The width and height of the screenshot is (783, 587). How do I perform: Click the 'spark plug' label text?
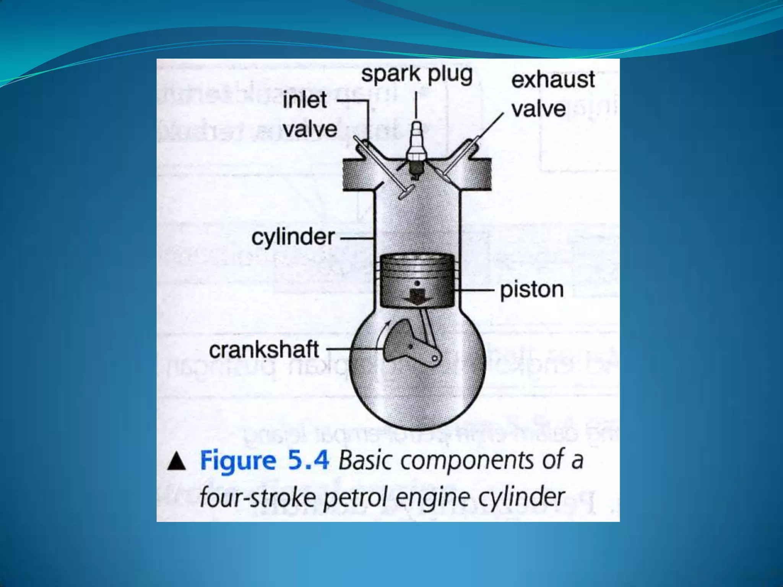417,75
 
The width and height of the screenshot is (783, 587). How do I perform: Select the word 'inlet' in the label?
305,100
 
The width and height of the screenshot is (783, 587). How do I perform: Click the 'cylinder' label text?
293,237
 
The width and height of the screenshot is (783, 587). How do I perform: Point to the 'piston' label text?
532,290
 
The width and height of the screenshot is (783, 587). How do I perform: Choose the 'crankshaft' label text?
264,350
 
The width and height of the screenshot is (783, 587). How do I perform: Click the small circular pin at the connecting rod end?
435,358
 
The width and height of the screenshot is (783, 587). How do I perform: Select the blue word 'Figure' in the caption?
238,461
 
